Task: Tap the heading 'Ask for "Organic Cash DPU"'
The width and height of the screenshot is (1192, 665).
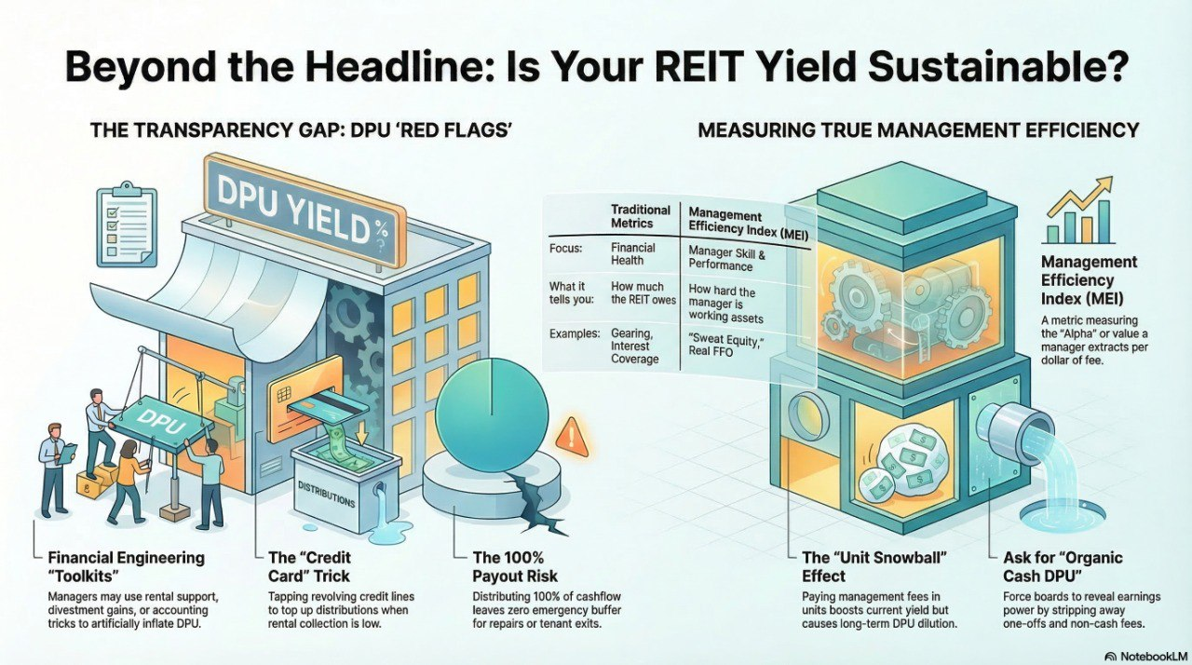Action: pos(1063,567)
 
